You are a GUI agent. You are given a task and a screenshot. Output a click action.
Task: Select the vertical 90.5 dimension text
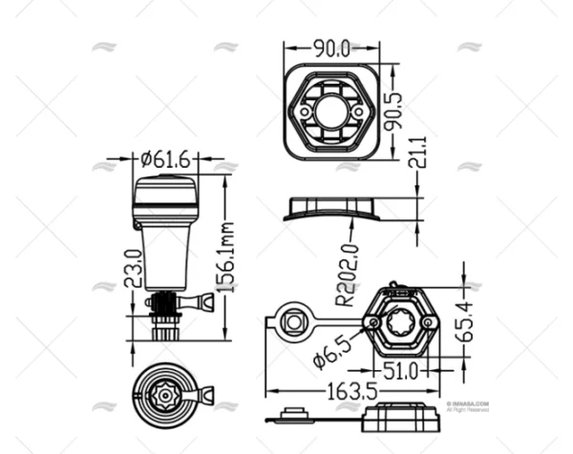(393, 111)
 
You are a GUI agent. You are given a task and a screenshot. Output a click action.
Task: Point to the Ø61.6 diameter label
(165, 160)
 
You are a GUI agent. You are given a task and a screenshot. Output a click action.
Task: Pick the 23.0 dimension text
(135, 269)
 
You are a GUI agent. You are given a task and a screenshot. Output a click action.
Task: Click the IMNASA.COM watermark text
(467, 403)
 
